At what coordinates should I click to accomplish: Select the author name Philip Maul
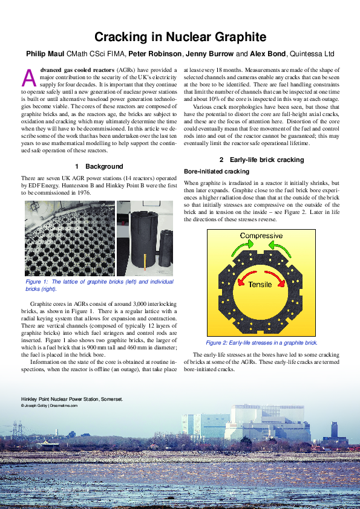[45, 53]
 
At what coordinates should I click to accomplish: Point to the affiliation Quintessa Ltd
[312, 53]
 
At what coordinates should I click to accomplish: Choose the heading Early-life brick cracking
[264, 160]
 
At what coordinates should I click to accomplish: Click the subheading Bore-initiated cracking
[216, 172]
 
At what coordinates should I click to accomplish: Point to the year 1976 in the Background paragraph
[82, 193]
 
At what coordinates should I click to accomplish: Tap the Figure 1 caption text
[99, 285]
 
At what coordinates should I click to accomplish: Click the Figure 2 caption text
[261, 342]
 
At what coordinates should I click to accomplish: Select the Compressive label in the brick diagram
[261, 236]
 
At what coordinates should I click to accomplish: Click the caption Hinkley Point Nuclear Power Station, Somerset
[71, 400]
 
